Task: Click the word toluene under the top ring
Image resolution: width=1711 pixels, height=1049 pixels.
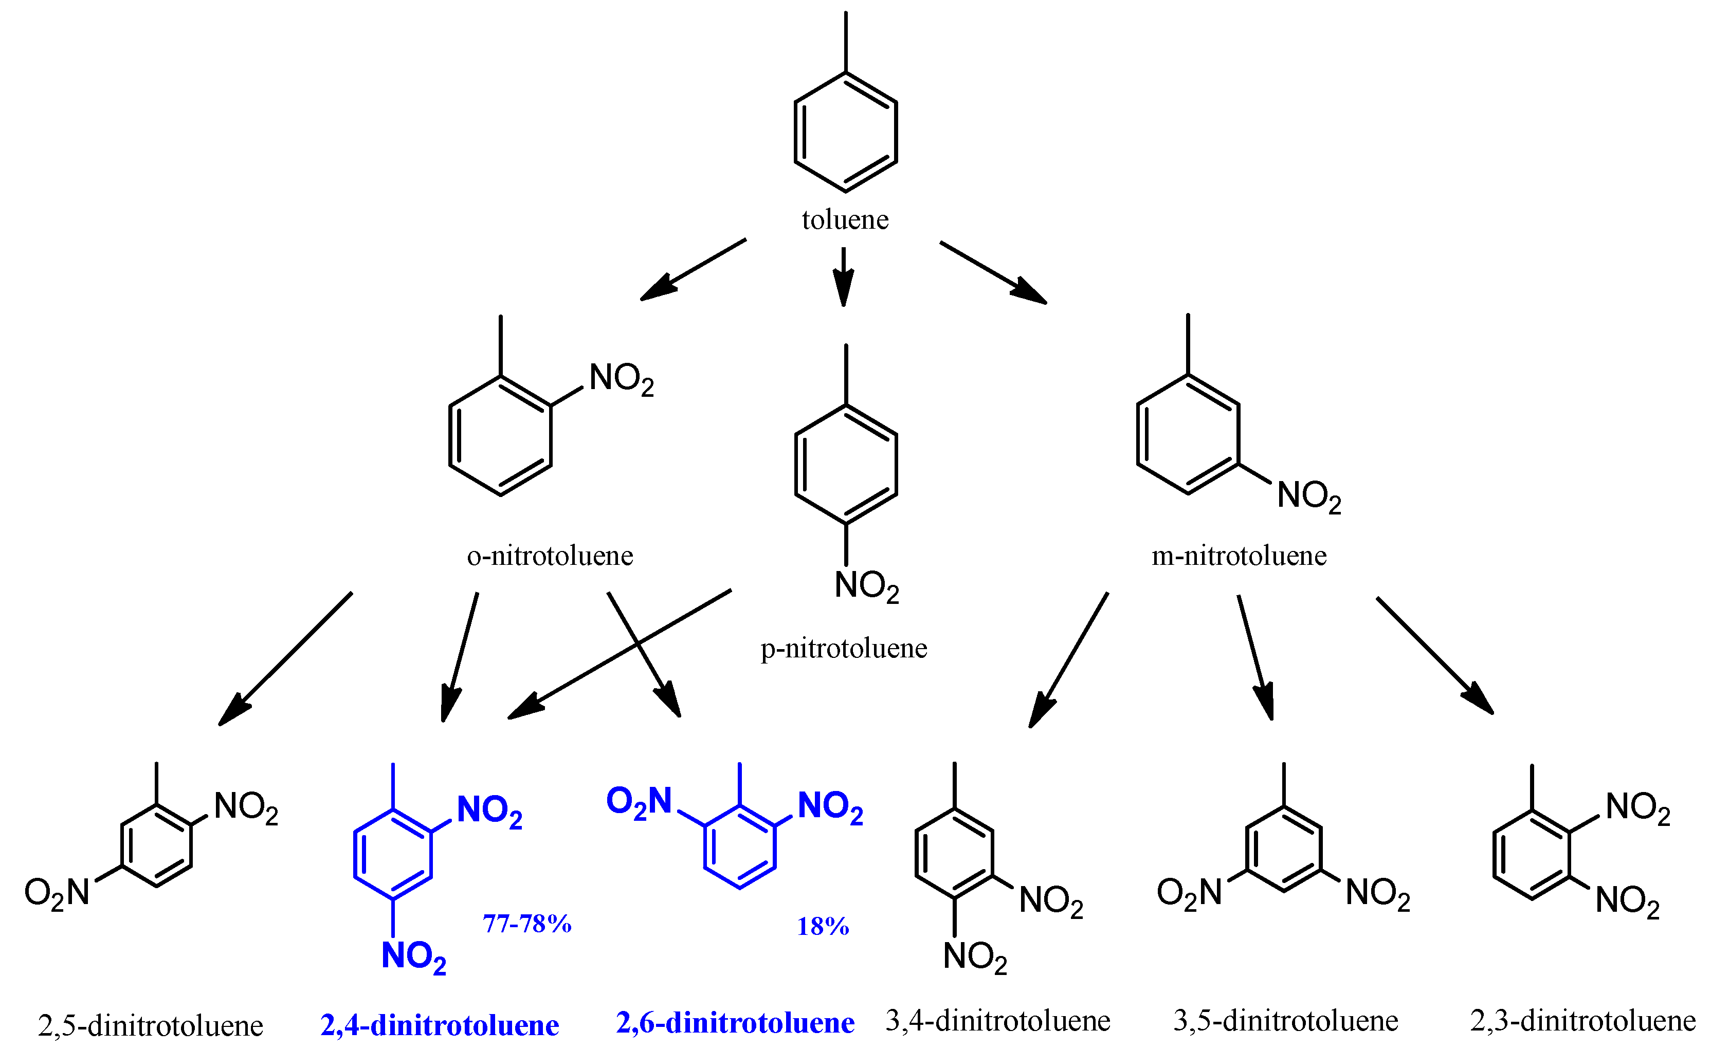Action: pyautogui.click(x=845, y=220)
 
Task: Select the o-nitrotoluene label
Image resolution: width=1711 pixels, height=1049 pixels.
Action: pyautogui.click(x=550, y=556)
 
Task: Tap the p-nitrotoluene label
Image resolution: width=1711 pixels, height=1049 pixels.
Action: pyautogui.click(x=844, y=649)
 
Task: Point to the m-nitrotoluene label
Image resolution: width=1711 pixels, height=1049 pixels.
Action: pyautogui.click(x=1239, y=556)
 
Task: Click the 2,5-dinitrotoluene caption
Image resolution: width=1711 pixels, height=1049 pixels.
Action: pyautogui.click(x=151, y=1025)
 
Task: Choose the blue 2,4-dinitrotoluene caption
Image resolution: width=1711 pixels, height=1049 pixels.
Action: pyautogui.click(x=440, y=1025)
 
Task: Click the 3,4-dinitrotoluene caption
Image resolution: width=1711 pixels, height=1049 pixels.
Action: pyautogui.click(x=998, y=1021)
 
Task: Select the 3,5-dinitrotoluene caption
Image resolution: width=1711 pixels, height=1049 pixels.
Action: pyautogui.click(x=1286, y=1021)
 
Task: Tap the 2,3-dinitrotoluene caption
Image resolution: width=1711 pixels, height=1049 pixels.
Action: pyautogui.click(x=1583, y=1021)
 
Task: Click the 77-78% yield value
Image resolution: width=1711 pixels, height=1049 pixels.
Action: pyautogui.click(x=527, y=924)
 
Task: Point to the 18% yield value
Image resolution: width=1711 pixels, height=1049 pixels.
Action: pyautogui.click(x=823, y=927)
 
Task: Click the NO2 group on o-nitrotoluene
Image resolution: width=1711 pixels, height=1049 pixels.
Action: pyautogui.click(x=621, y=379)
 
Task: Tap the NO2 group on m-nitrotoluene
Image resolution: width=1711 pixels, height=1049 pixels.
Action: pyautogui.click(x=1309, y=497)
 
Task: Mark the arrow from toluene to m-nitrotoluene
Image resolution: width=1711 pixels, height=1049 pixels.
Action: pyautogui.click(x=993, y=272)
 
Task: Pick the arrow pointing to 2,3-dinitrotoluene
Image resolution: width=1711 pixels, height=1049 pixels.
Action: pyautogui.click(x=1434, y=655)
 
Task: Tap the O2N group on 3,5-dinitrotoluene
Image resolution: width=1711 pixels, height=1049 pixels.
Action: pyautogui.click(x=1189, y=893)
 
